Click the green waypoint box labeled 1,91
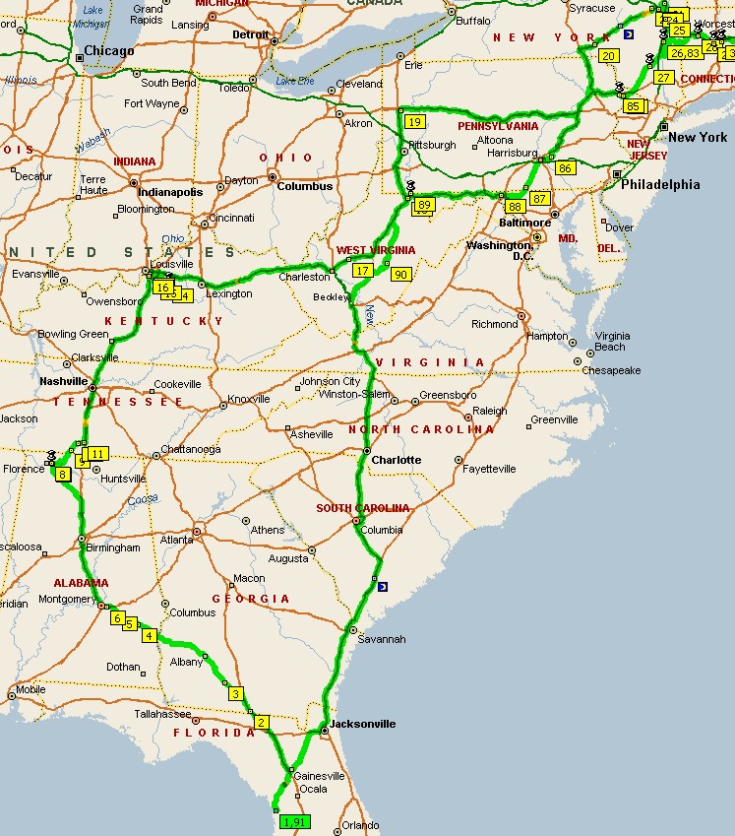tap(293, 820)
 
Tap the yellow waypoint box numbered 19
tap(414, 122)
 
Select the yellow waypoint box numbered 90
tap(399, 275)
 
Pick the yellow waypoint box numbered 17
tap(362, 270)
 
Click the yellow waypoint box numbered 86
tap(564, 168)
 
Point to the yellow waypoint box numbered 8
tap(63, 475)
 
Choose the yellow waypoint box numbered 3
tap(236, 694)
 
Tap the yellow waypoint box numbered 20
tap(608, 56)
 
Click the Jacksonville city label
tap(362, 724)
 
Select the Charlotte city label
tap(396, 460)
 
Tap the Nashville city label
tap(64, 382)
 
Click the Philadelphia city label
tap(659, 184)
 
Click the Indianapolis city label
tap(170, 192)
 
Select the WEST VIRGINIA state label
tap(375, 250)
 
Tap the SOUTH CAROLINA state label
tap(362, 508)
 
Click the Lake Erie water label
tap(295, 80)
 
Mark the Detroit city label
tap(250, 34)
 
